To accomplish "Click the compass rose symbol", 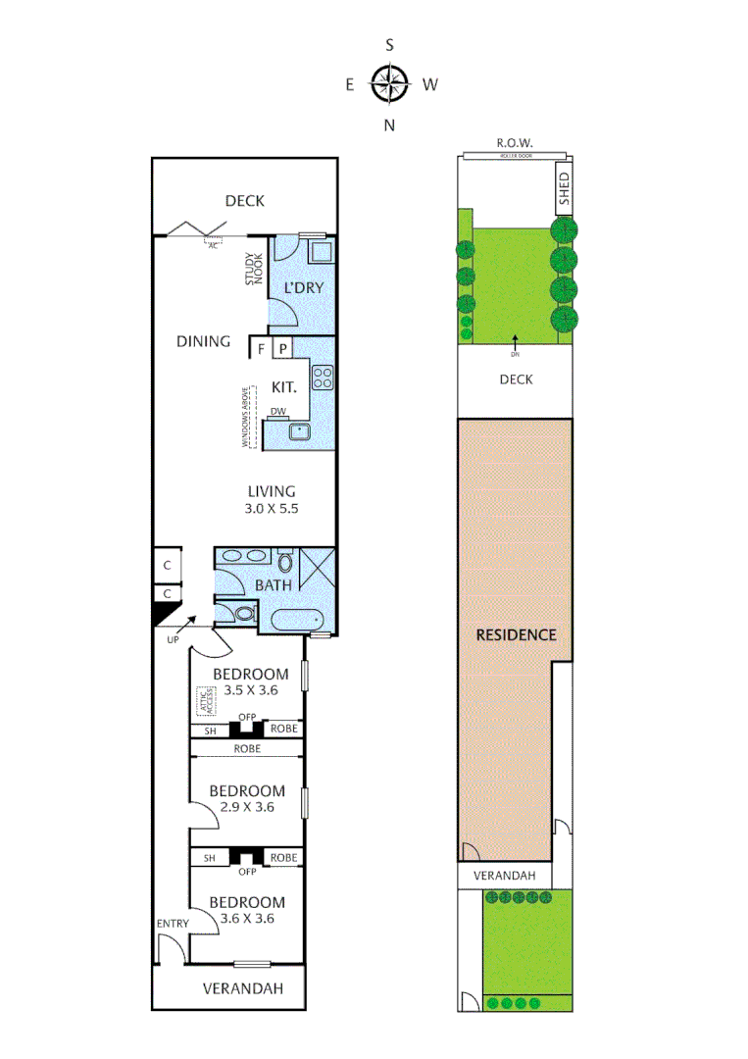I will click(x=389, y=84).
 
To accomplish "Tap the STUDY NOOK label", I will click(x=254, y=271).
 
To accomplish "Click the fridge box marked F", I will click(x=262, y=348).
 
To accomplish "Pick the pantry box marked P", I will click(x=282, y=348).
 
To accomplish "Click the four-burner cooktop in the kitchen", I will click(x=323, y=376).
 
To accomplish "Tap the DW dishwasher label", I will click(x=277, y=412).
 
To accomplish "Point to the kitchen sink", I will click(x=299, y=431).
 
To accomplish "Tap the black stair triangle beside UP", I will click(x=161, y=613).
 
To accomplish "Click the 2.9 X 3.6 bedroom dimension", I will click(x=247, y=808).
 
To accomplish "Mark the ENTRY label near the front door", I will click(x=172, y=924).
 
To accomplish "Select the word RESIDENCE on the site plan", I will click(x=516, y=634).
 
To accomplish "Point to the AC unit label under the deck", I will click(x=212, y=245).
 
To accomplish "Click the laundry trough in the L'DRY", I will click(x=320, y=253).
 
